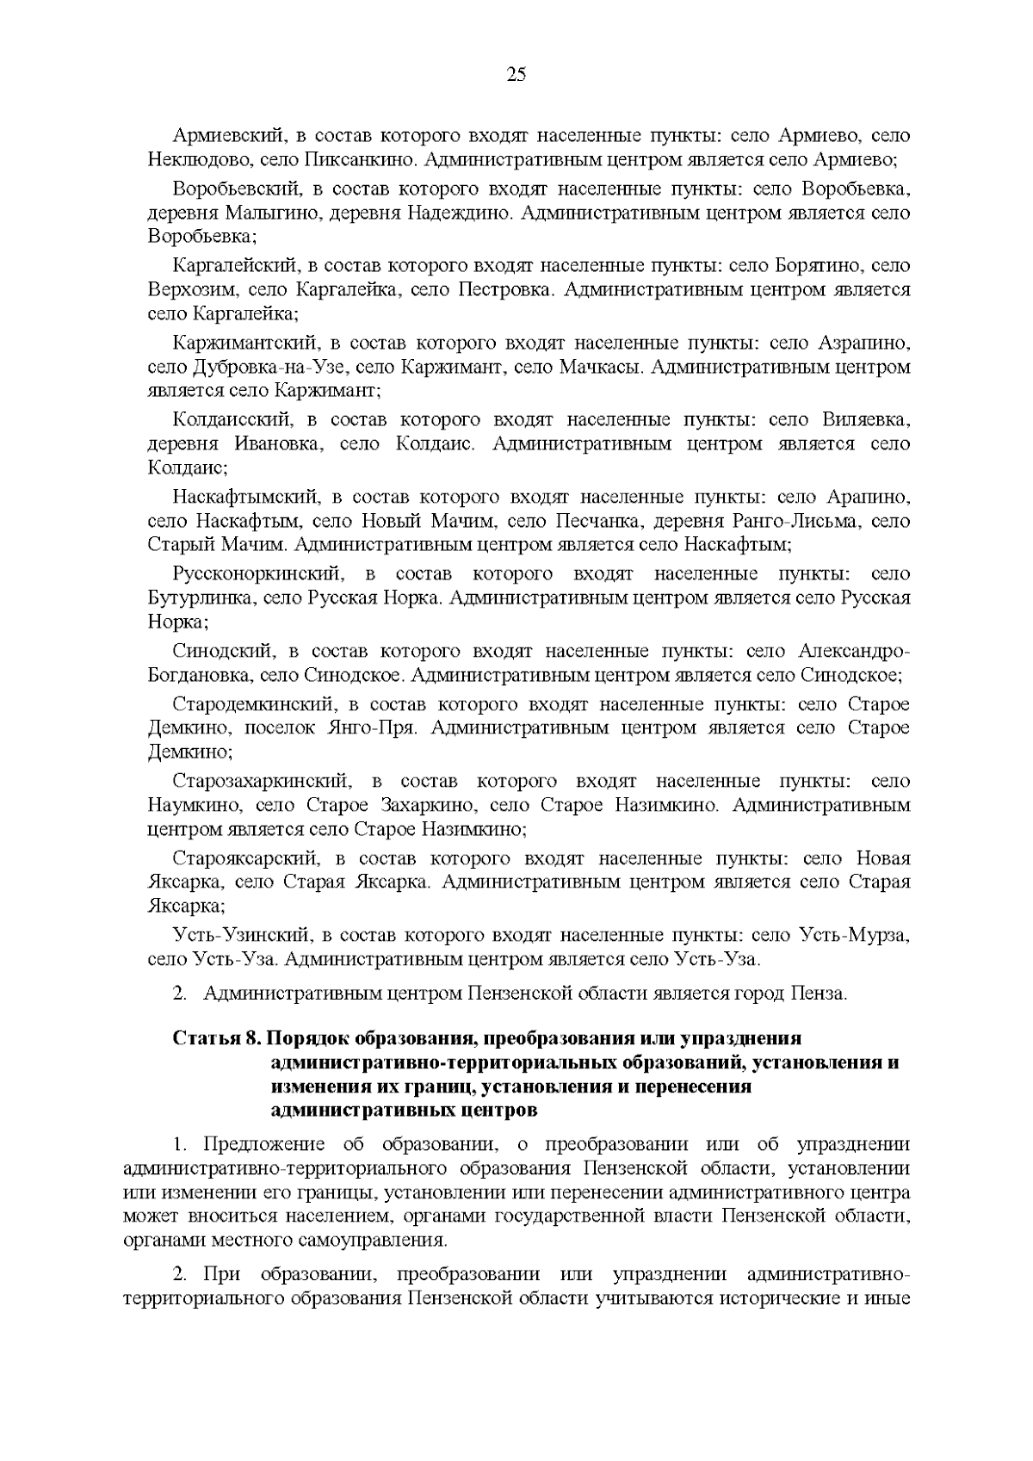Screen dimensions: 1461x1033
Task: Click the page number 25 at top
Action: pyautogui.click(x=516, y=74)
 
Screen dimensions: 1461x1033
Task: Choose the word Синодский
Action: pyautogui.click(x=222, y=651)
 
